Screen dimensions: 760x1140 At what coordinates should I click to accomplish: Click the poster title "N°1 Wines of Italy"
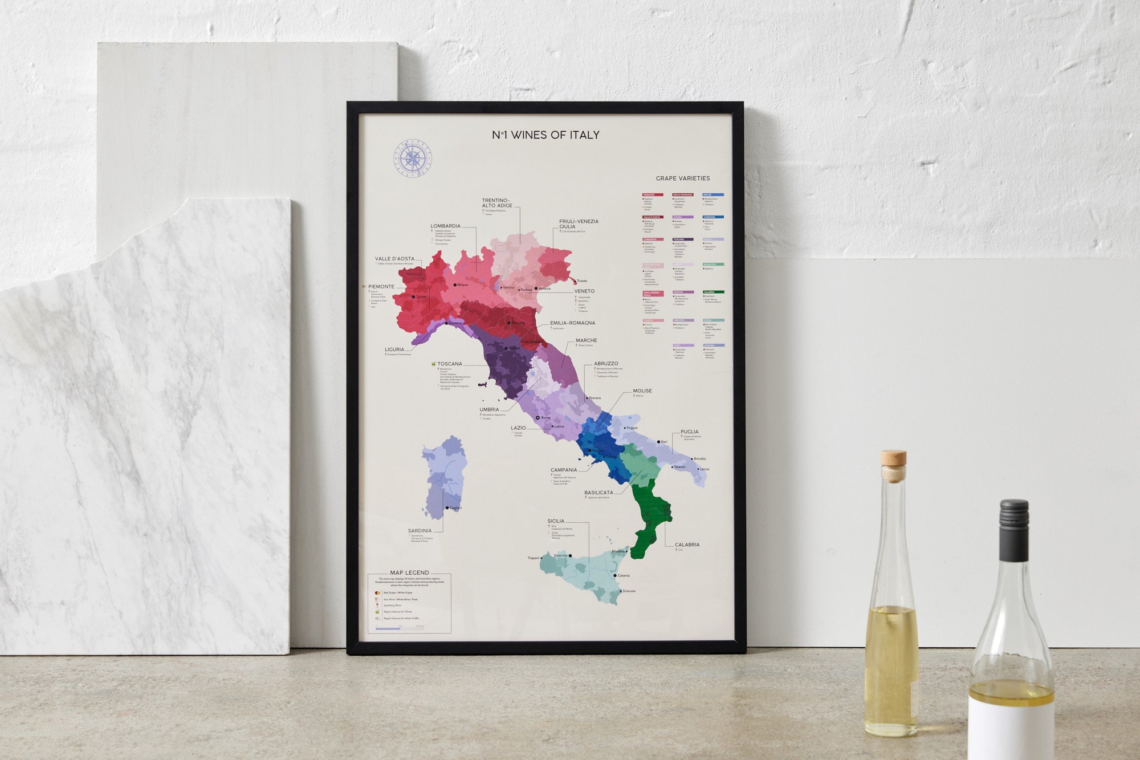point(545,135)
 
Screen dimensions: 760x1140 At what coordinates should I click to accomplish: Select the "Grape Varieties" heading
point(682,178)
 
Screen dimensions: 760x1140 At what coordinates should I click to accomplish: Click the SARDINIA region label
point(420,531)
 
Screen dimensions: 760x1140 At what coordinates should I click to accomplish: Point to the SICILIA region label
point(556,521)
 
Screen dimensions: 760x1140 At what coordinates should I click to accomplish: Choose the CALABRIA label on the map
point(687,544)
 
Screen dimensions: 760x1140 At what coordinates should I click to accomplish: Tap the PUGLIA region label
point(689,432)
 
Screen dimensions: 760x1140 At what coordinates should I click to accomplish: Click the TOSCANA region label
point(450,364)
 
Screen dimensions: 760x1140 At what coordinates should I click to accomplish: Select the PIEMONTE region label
point(381,287)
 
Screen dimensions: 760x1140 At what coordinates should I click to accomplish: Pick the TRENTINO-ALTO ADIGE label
point(497,203)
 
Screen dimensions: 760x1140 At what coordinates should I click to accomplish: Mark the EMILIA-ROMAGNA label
point(572,323)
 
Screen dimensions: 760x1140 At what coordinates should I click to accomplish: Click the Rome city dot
point(538,418)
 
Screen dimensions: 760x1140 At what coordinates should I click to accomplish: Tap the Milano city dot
point(455,285)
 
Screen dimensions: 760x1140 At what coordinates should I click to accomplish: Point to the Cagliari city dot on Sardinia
point(447,507)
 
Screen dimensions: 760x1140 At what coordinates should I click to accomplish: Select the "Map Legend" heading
point(409,572)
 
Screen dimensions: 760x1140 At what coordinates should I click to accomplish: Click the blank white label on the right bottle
point(1011,733)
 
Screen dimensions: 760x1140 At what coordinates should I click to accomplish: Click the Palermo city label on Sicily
point(561,555)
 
